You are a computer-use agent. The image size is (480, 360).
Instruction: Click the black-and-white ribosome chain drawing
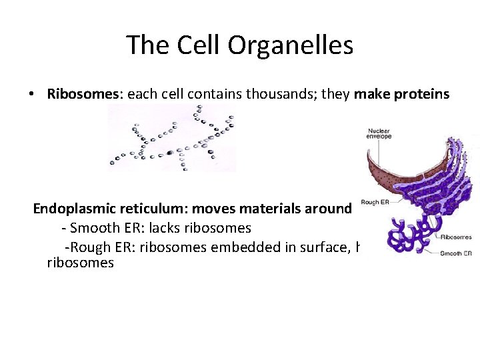pos(171,138)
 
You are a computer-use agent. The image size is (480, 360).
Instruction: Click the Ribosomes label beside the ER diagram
pos(456,237)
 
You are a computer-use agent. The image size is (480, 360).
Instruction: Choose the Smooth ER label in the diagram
pos(456,253)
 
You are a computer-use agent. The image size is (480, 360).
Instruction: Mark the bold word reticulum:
pos(153,209)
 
